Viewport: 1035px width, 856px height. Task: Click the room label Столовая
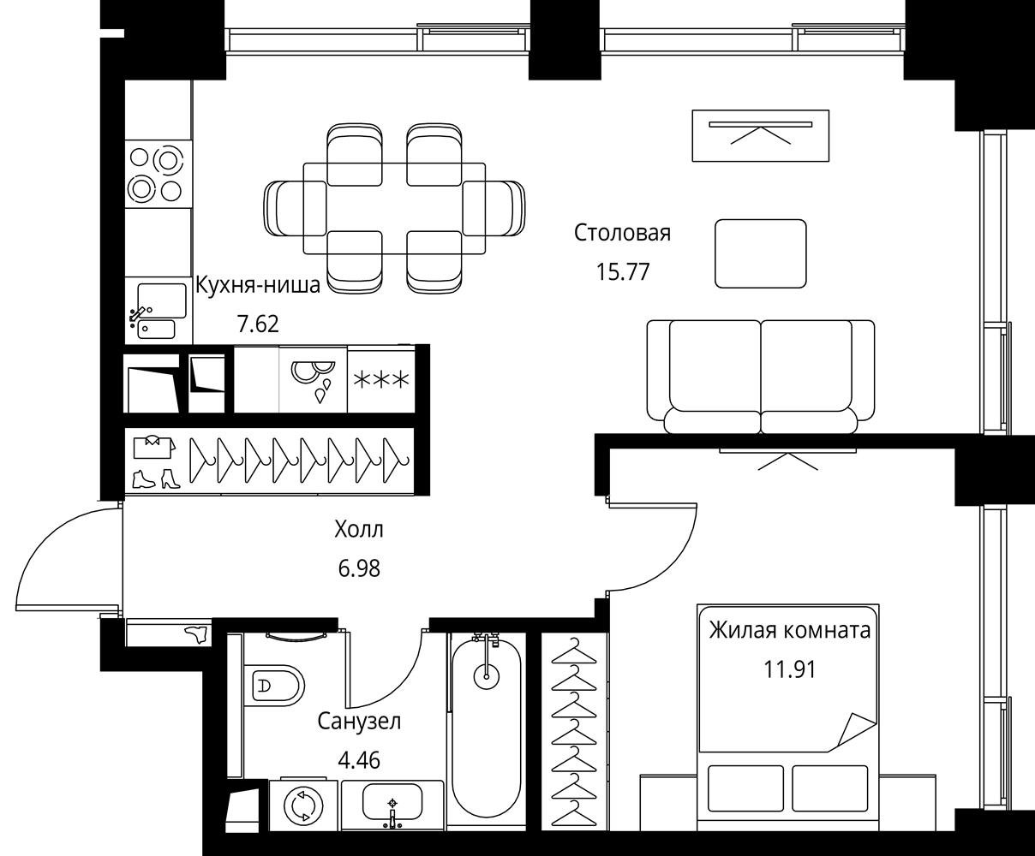[622, 233]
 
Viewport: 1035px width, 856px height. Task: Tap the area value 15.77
[623, 272]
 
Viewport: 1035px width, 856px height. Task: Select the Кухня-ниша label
[258, 285]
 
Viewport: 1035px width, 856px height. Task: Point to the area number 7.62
[258, 324]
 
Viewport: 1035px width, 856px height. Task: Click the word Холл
[359, 530]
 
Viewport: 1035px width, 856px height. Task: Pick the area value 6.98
[359, 568]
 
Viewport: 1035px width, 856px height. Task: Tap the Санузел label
[359, 722]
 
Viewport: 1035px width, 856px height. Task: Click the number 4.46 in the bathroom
[359, 760]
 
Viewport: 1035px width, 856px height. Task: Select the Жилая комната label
[790, 631]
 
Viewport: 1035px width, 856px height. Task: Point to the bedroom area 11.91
[790, 669]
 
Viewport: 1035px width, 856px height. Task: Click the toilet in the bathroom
[274, 687]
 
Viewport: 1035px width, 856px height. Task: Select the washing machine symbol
[302, 807]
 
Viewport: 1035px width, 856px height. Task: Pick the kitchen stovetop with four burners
[159, 174]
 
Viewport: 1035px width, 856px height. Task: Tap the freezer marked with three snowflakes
[381, 380]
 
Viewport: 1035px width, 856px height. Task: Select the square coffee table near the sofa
[760, 253]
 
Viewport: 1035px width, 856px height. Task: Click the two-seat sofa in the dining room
[760, 377]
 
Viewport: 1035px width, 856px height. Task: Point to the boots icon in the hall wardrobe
[156, 479]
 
